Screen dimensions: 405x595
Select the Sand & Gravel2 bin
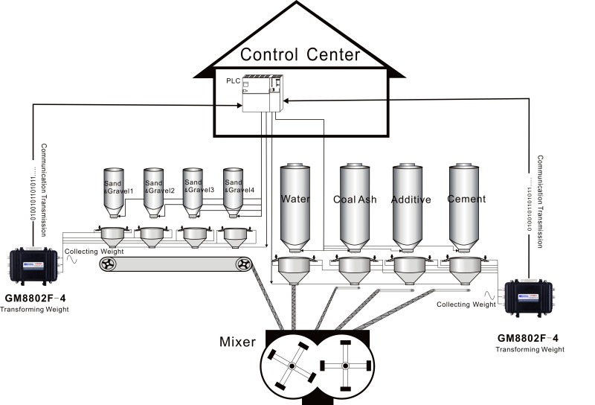(153, 190)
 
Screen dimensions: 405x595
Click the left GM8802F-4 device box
(34, 263)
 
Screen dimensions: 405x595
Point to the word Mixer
(238, 342)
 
